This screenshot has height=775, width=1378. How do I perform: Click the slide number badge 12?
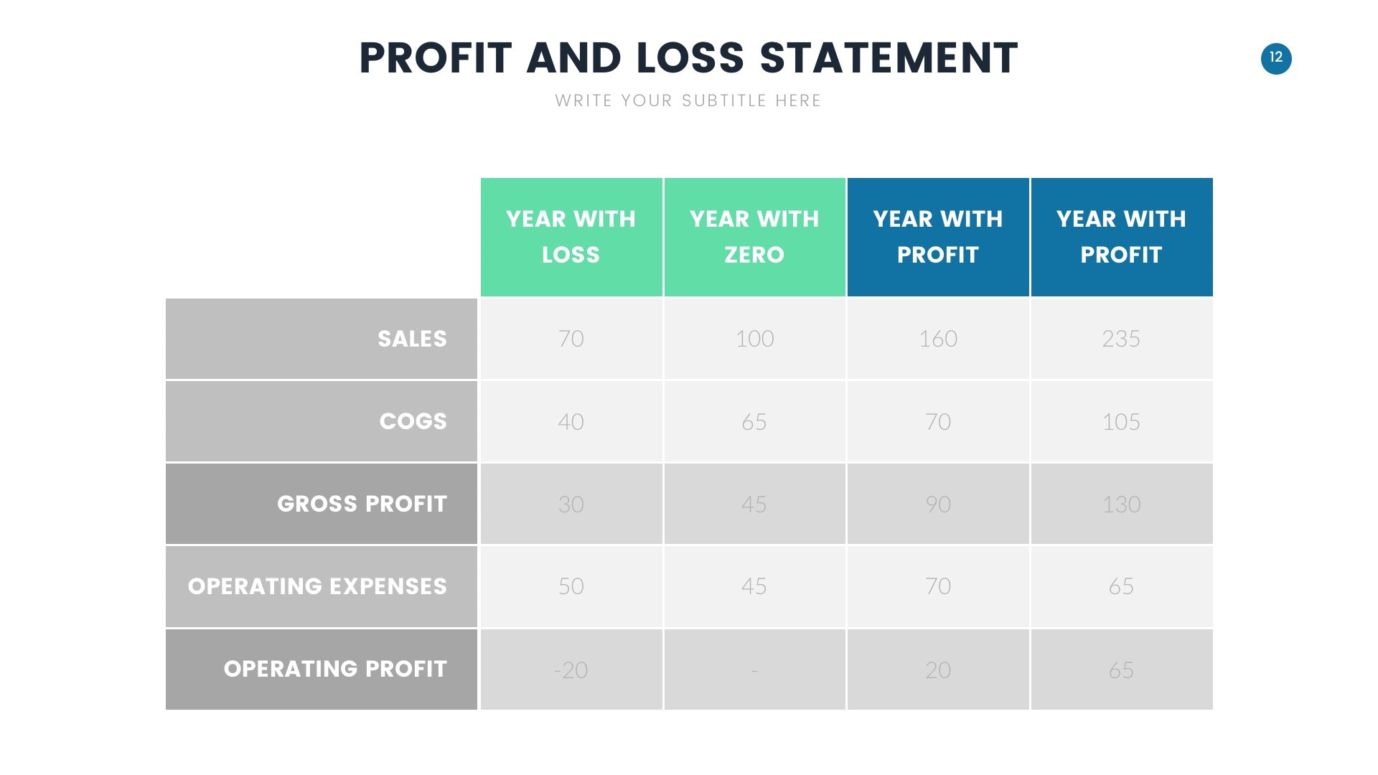[1276, 59]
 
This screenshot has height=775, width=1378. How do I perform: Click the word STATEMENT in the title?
[889, 58]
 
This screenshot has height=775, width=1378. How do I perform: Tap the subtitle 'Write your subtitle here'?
[688, 100]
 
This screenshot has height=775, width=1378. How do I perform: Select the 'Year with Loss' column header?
[571, 237]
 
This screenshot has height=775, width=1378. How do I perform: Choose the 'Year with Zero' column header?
[754, 237]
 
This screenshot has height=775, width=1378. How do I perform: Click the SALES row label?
[412, 339]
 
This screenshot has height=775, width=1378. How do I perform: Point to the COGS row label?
[413, 421]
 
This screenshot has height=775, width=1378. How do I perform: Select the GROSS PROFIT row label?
[362, 504]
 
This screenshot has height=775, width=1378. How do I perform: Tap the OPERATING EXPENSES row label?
[317, 586]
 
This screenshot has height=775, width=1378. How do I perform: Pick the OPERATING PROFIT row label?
[335, 669]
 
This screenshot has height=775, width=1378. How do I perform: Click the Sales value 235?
[1121, 339]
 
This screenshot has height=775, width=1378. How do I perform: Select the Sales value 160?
[938, 339]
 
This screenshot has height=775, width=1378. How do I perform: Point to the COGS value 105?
[1121, 421]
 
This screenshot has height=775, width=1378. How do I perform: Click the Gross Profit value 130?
[1121, 504]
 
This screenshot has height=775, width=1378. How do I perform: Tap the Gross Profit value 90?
[938, 504]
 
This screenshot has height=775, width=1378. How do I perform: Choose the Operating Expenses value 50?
[571, 586]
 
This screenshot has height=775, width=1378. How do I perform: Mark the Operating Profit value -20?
[571, 670]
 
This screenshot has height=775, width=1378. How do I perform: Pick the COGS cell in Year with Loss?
[571, 421]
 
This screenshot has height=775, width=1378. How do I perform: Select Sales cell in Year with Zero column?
[754, 339]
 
